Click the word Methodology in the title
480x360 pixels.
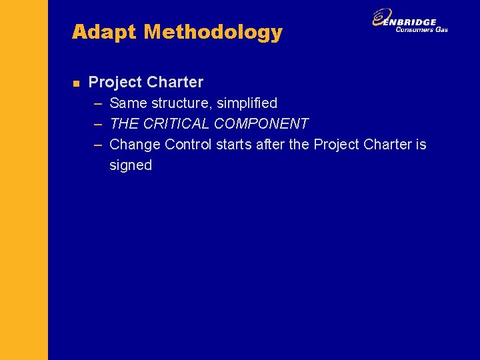click(213, 32)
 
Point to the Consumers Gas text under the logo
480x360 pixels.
click(421, 29)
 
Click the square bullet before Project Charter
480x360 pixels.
click(76, 83)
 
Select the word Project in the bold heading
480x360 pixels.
click(115, 82)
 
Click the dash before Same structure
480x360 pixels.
click(98, 103)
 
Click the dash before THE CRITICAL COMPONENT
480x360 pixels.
click(98, 124)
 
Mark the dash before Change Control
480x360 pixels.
click(98, 145)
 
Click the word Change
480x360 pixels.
click(135, 145)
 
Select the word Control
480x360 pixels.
click(188, 145)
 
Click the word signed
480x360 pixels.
click(131, 165)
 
